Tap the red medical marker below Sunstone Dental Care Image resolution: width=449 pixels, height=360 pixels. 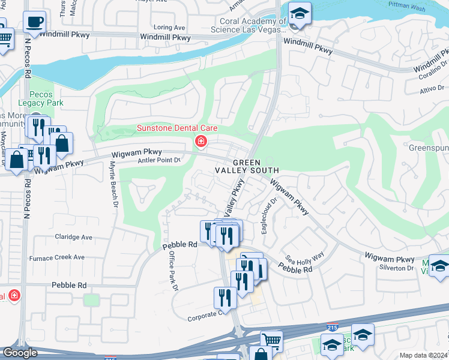pyautogui.click(x=200, y=142)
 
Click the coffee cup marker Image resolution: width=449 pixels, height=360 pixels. pyautogui.click(x=34, y=23)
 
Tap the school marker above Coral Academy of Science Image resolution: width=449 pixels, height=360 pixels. pyautogui.click(x=298, y=13)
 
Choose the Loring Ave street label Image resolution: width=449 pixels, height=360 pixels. pyautogui.click(x=169, y=28)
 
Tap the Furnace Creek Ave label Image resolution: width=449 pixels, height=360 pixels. pyautogui.click(x=62, y=257)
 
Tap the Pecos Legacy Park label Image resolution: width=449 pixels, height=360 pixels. pyautogui.click(x=45, y=99)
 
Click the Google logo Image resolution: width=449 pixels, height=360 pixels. pyautogui.click(x=20, y=353)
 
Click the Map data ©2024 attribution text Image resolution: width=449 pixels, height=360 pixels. pyautogui.click(x=424, y=355)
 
